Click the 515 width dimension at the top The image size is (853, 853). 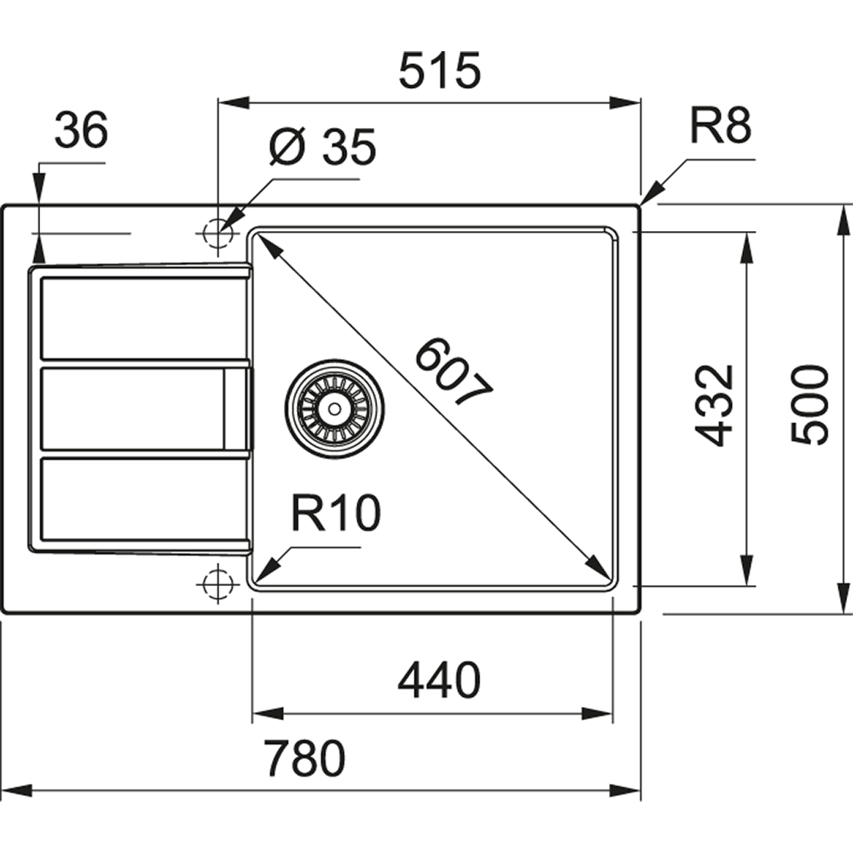(x=440, y=71)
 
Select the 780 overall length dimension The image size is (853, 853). (x=304, y=758)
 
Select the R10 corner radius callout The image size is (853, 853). (x=334, y=514)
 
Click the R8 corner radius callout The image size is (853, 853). (x=720, y=127)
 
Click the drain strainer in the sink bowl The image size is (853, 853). (x=335, y=408)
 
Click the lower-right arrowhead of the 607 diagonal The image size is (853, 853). (x=601, y=572)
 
